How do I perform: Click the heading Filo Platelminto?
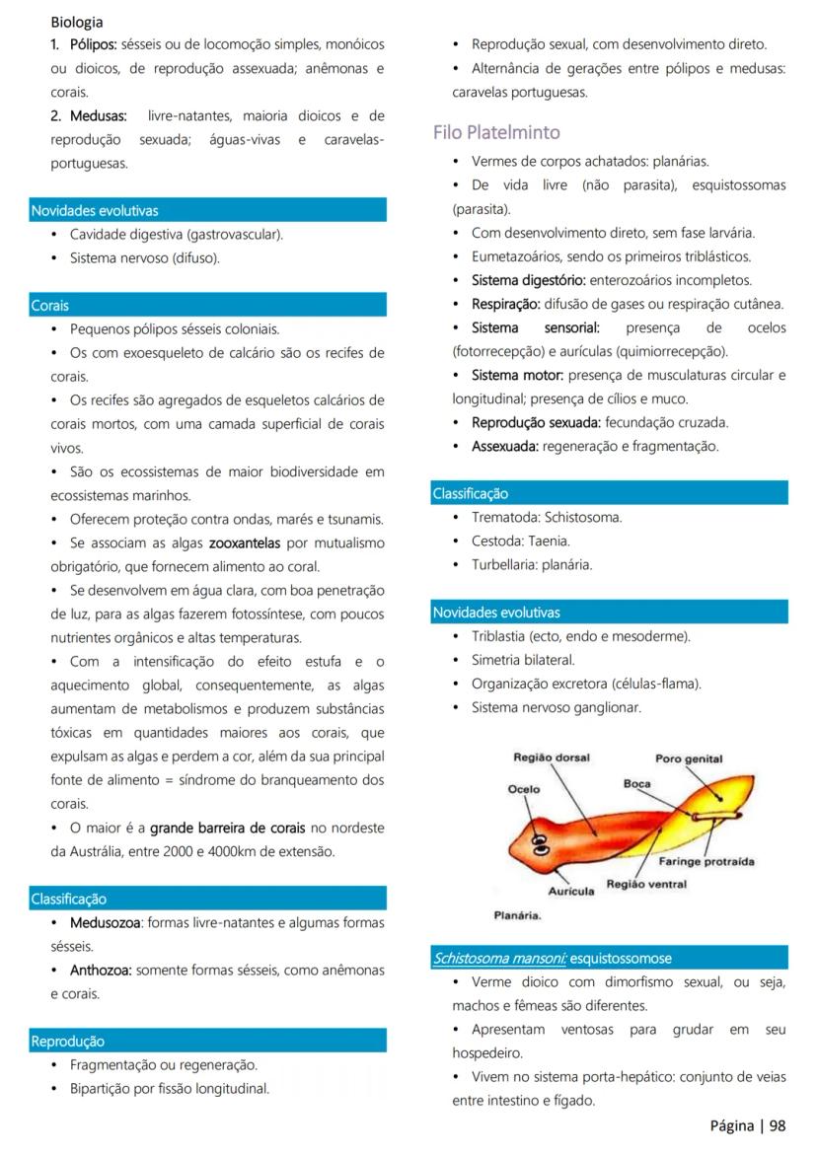(496, 132)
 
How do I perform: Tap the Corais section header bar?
(207, 305)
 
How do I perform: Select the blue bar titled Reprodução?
(207, 1041)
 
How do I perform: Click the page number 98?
(778, 1125)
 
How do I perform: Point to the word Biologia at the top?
(77, 21)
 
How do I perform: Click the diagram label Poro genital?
(689, 758)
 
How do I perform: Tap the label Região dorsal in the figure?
(552, 758)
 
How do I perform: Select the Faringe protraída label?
(706, 861)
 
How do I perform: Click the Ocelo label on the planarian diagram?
(523, 789)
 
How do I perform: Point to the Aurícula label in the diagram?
(571, 892)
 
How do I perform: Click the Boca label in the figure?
(636, 783)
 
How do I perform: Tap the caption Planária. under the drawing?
(517, 915)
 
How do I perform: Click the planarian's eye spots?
(540, 843)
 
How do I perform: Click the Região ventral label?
(646, 884)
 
